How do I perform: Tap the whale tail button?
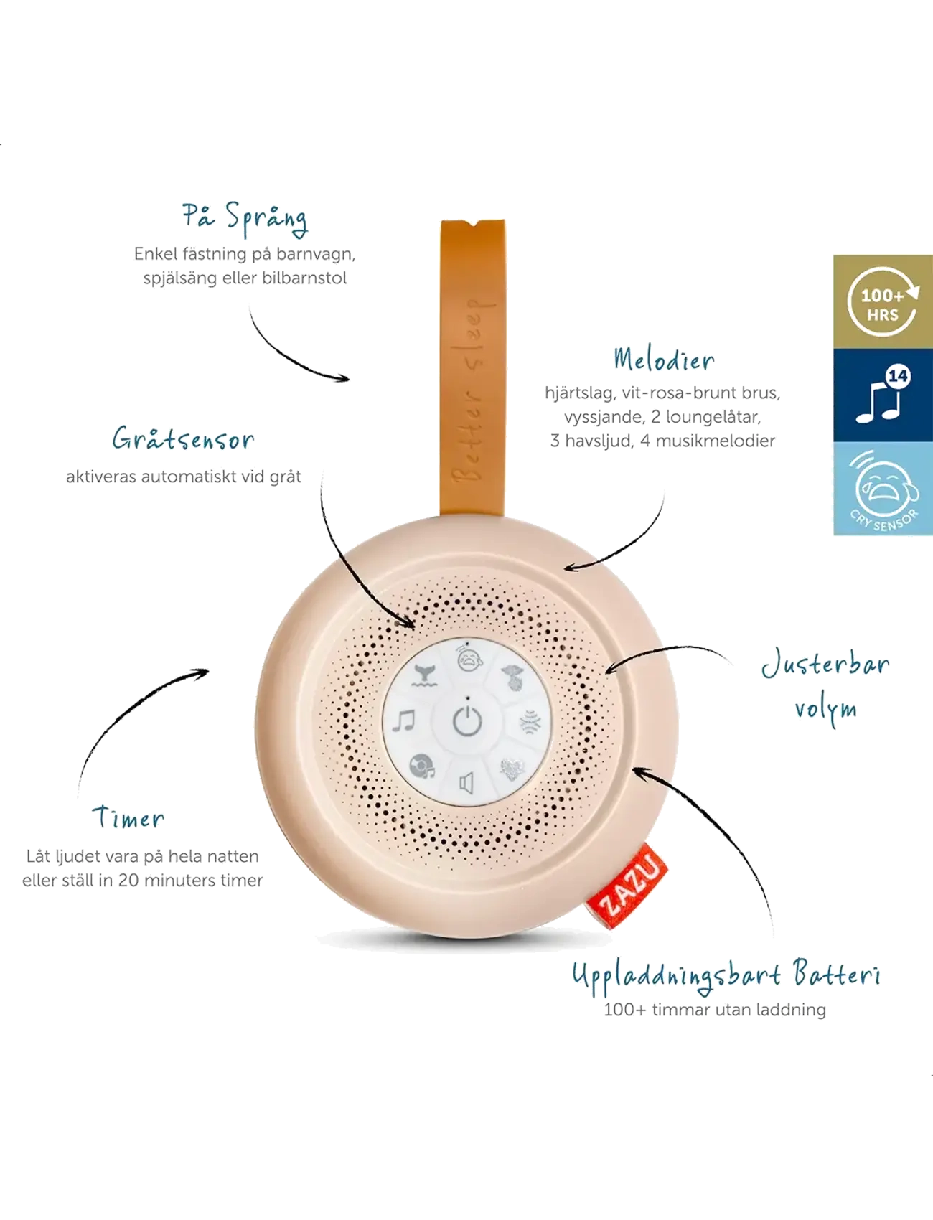(x=424, y=675)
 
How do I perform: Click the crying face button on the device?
(x=469, y=659)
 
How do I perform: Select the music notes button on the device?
(x=404, y=721)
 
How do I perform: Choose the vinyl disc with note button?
(x=422, y=766)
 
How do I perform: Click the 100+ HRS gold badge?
(x=883, y=301)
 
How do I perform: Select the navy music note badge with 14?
(x=883, y=395)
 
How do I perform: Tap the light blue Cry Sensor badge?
(x=883, y=488)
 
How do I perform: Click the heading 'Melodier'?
(x=664, y=359)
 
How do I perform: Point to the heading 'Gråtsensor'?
(x=183, y=438)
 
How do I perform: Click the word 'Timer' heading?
(x=128, y=817)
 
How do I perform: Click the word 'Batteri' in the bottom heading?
(x=837, y=974)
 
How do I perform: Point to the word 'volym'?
(x=825, y=710)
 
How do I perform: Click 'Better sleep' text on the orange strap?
(x=472, y=391)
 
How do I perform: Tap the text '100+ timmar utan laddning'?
(x=715, y=1010)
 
